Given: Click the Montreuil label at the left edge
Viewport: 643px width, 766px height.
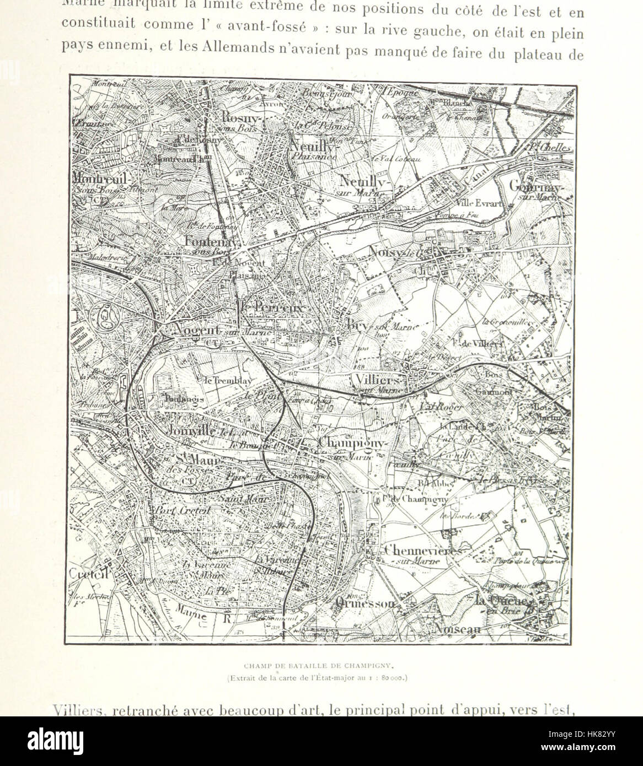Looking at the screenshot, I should [100, 179].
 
